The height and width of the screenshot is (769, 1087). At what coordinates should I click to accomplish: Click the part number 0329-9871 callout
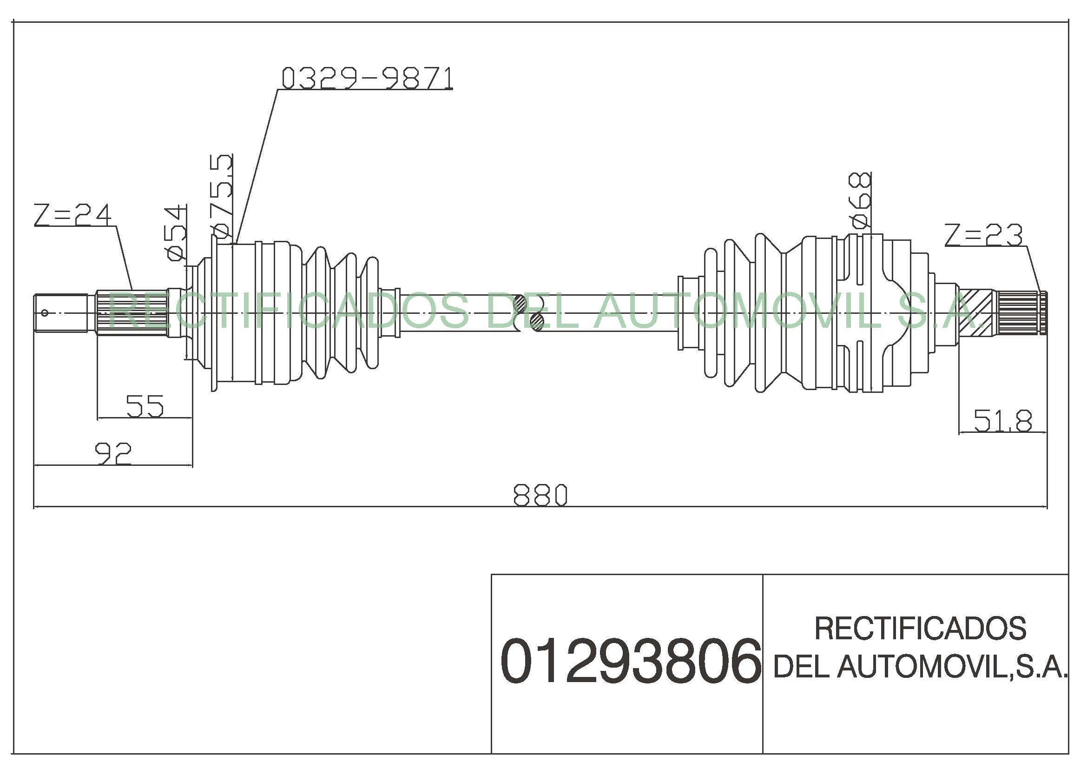pyautogui.click(x=367, y=79)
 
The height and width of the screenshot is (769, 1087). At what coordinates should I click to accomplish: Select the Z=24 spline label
pyautogui.click(x=72, y=214)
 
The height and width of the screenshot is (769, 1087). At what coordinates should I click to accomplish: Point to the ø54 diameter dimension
pyautogui.click(x=175, y=232)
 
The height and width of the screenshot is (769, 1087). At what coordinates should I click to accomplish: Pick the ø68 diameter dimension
pyautogui.click(x=860, y=200)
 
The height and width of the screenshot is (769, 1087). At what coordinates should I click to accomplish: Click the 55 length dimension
pyautogui.click(x=145, y=406)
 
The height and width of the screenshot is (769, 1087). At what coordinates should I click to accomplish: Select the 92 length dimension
pyautogui.click(x=113, y=453)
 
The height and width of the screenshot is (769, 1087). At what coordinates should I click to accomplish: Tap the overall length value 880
pyautogui.click(x=540, y=495)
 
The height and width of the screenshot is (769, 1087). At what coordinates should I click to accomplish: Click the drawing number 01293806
pyautogui.click(x=630, y=661)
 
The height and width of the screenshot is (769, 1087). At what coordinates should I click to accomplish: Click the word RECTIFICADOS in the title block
pyautogui.click(x=920, y=628)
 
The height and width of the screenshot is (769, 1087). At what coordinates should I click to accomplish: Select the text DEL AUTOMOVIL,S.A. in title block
pyautogui.click(x=920, y=666)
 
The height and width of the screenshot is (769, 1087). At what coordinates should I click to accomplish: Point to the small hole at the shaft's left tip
pyautogui.click(x=45, y=312)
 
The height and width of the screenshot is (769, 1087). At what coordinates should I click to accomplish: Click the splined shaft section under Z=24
pyautogui.click(x=132, y=312)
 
